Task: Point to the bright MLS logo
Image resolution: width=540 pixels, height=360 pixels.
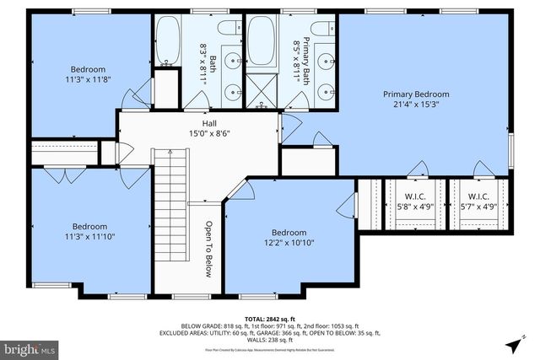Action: tap(30, 347)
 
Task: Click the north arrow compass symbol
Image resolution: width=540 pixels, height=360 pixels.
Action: tap(513, 345)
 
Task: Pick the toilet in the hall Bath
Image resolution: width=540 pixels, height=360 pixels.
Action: tap(225, 29)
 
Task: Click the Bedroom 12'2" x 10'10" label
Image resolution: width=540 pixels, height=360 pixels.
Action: tap(289, 239)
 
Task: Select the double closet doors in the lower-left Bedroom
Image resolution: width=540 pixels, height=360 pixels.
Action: tap(61, 175)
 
